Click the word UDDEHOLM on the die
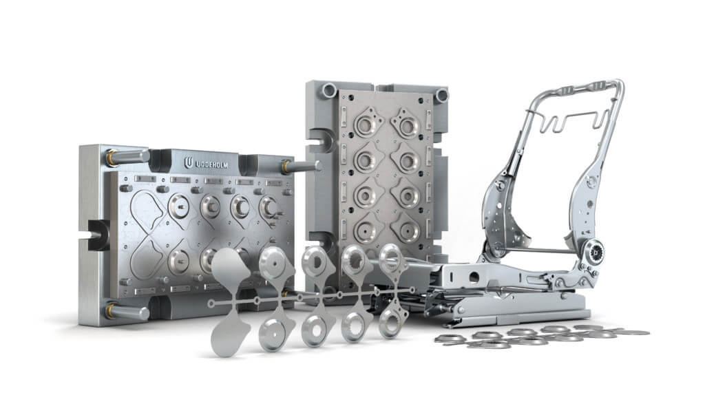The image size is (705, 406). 212,165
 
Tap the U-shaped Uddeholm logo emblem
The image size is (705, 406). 189,163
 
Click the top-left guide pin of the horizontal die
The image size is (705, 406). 127,157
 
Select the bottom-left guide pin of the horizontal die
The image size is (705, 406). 127,311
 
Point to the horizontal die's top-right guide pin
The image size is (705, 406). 302,167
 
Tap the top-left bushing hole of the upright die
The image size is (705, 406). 328,90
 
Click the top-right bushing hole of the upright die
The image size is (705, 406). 441,95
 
